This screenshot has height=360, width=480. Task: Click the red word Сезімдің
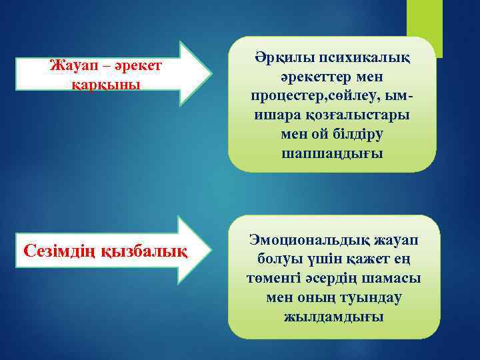pyautogui.click(x=59, y=251)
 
